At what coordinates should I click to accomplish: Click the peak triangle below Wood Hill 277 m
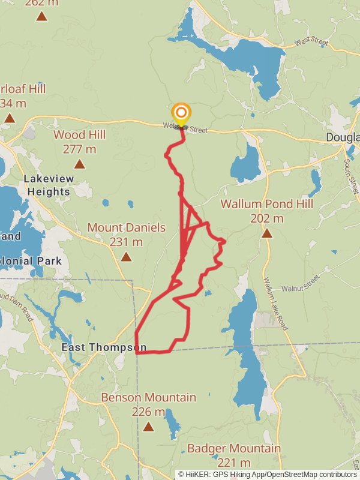pos(79,164)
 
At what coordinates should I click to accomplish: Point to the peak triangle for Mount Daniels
pos(126,257)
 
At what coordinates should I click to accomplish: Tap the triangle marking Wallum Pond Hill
pos(266,233)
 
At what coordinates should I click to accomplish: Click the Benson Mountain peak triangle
pos(148,427)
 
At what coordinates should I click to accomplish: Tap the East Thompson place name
pos(104,347)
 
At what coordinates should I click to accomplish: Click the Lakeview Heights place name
pos(47,185)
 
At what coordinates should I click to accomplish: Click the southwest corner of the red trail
pos(137,353)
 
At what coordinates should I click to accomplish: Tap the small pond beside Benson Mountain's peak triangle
pos(172,424)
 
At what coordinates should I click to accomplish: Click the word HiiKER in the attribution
pos(197,474)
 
